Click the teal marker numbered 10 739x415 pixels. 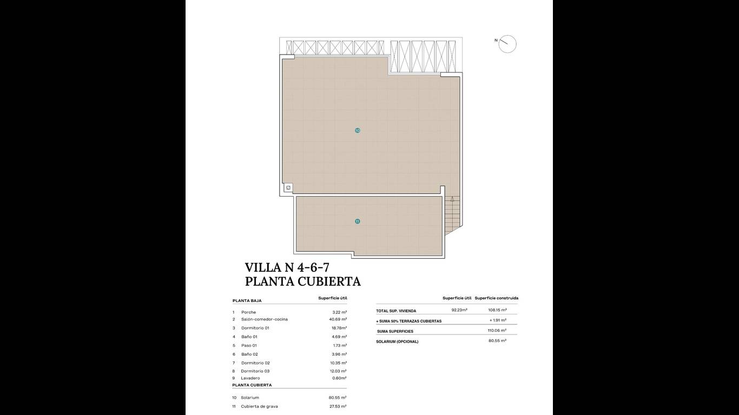click(357, 131)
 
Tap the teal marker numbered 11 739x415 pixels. click(357, 222)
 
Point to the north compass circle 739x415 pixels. click(507, 44)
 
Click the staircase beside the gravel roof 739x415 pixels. click(452, 216)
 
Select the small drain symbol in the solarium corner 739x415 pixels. click(288, 188)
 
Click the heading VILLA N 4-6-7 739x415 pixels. click(287, 267)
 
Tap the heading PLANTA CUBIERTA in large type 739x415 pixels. click(303, 282)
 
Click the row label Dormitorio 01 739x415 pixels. click(255, 328)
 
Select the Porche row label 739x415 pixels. click(248, 312)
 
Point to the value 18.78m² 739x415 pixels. click(339, 328)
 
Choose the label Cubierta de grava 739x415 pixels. click(259, 406)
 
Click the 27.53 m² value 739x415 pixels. click(338, 406)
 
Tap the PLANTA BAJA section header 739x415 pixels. click(247, 300)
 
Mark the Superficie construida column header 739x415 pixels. click(497, 298)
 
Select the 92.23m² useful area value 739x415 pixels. click(459, 310)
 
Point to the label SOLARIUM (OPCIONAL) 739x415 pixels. click(397, 342)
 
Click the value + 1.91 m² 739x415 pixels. click(498, 320)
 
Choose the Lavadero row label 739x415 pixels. click(250, 378)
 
